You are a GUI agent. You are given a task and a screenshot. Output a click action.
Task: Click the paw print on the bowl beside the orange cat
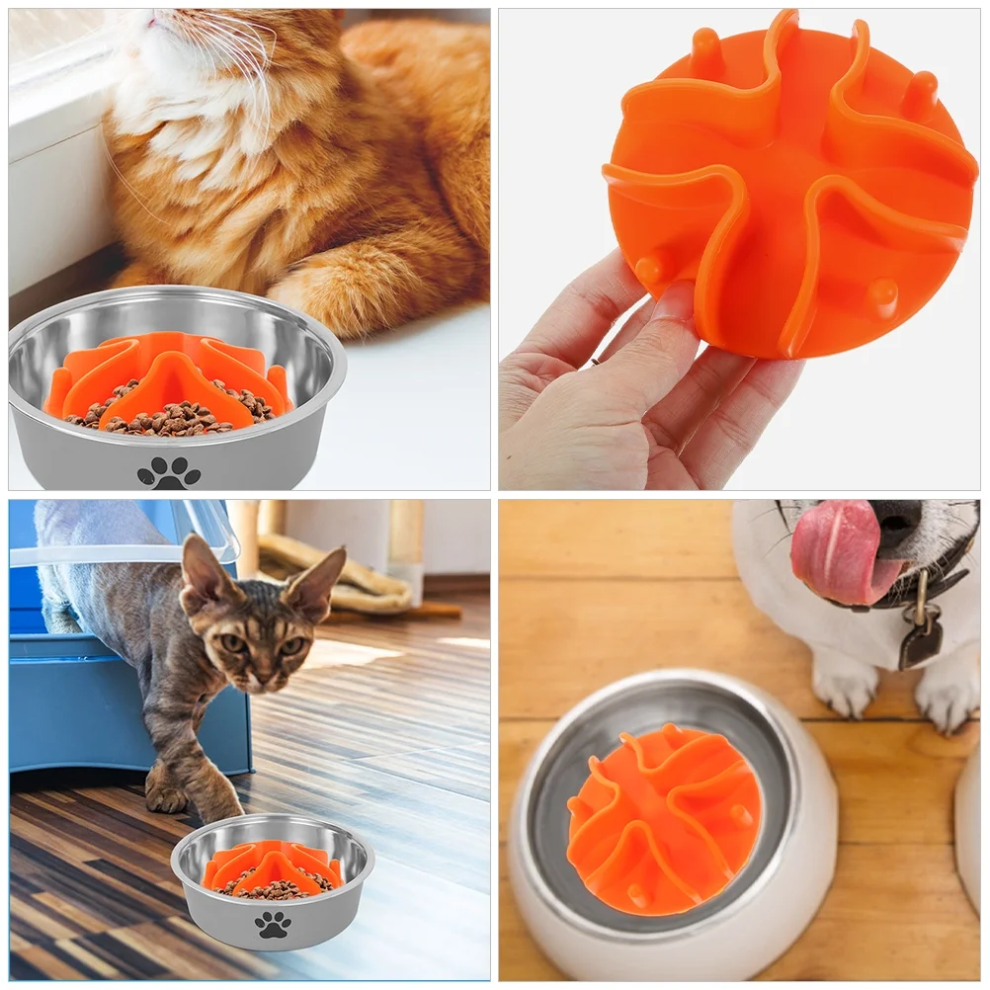click(x=169, y=473)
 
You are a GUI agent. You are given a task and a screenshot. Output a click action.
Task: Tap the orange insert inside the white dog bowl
click(x=664, y=819)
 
